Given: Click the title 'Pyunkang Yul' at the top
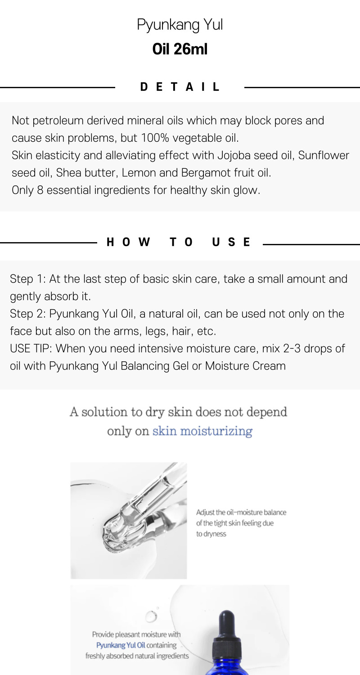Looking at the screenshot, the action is coord(180,25).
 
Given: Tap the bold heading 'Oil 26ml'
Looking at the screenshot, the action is coord(180,49).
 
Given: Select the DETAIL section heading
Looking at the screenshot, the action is coord(180,87).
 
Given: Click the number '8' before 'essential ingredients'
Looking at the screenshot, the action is coord(40,190).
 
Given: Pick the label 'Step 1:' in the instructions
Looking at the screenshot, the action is coord(28,279).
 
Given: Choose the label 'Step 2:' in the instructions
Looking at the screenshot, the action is coord(28,314).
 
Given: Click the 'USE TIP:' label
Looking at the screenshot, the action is coord(31,349).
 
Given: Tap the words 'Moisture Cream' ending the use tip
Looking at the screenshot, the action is coord(245,366).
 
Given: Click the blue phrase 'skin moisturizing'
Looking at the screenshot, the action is coord(202,431).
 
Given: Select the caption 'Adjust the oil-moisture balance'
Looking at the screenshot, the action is coord(241,512).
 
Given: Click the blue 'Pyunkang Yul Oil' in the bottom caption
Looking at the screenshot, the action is coord(121,645).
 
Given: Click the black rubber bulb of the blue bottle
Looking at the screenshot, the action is coord(226,621).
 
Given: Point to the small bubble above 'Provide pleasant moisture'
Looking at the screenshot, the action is coord(151,616).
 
